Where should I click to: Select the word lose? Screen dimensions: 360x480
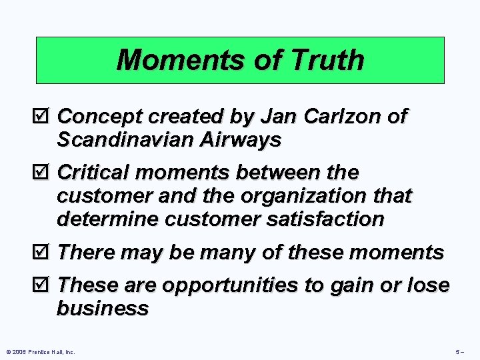pos(426,286)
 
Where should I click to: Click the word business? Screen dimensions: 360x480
pos(103,309)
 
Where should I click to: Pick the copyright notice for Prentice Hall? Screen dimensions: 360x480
pos(40,351)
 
